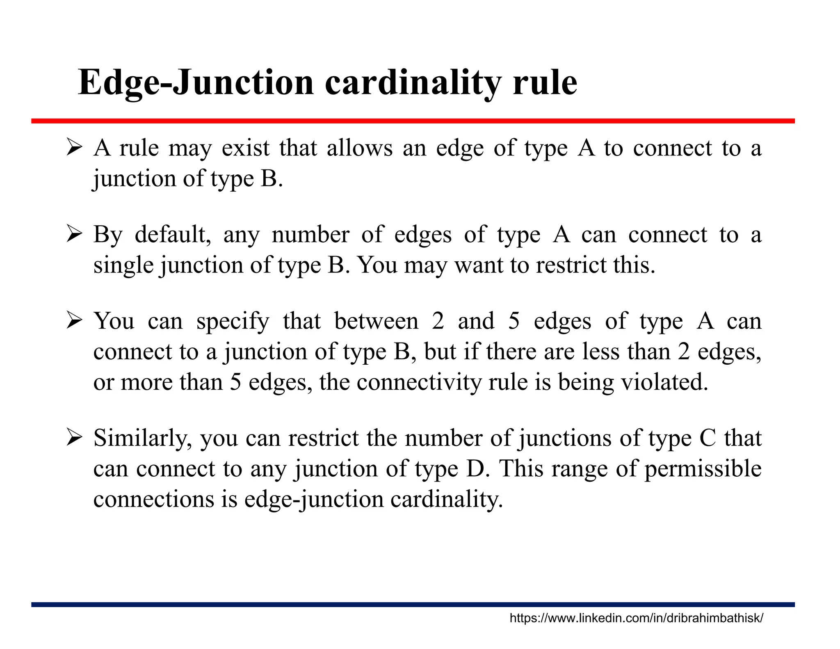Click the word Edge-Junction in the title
196,83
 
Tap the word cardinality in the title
413,83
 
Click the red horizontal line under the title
413,121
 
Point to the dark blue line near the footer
413,604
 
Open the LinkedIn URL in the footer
636,618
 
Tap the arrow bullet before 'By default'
75,234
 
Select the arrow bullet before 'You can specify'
75,320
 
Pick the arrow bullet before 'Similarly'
75,438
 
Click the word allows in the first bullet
359,148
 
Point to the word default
173,235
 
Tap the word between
376,321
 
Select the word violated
664,382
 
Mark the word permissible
703,469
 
